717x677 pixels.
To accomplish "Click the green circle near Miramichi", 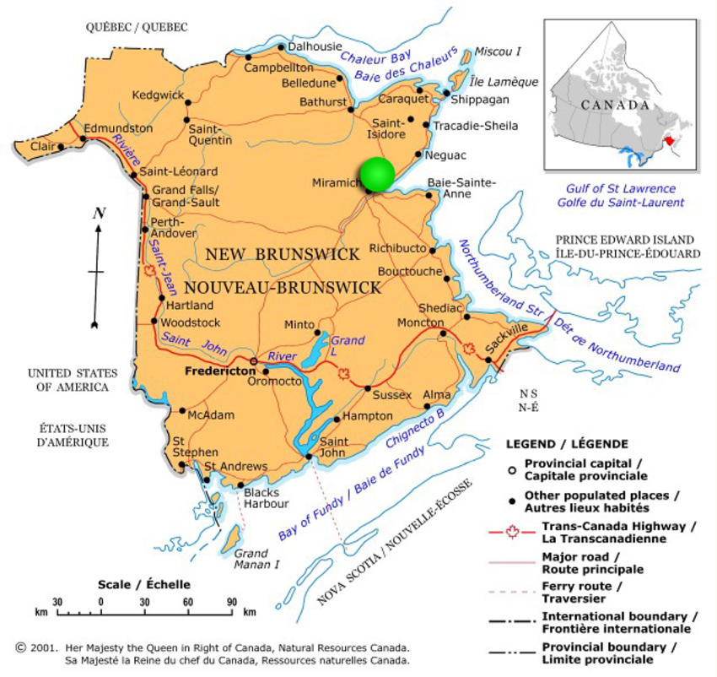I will coord(377,173).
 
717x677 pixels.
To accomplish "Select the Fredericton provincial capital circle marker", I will coord(253,361).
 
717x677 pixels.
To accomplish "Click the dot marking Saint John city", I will coord(309,457).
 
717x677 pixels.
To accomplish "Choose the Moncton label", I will coord(420,322).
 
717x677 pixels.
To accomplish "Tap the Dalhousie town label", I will coord(316,46).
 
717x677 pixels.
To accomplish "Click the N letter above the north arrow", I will coord(98,214).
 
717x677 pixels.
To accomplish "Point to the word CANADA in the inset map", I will coord(616,106).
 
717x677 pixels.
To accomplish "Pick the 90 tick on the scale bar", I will coord(231,601).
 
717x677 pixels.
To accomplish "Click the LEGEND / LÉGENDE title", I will coord(567,443).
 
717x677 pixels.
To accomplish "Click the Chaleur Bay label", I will coord(375,58).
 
